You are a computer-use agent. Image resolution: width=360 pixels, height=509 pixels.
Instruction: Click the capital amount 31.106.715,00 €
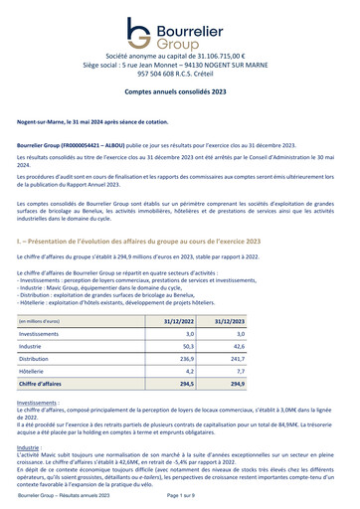[x=219, y=58]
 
